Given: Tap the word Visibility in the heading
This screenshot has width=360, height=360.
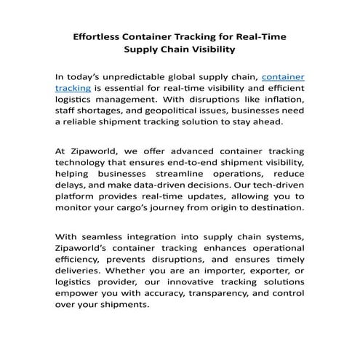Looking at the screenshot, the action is (209, 50).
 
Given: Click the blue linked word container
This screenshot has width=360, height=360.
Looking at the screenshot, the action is (283, 76).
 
